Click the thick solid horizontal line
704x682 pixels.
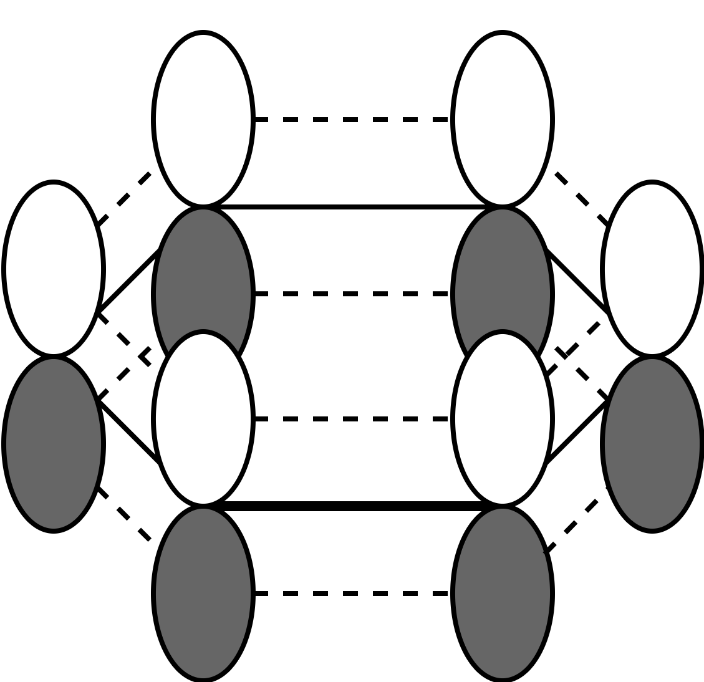pos(352,506)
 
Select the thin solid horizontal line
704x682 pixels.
pos(352,206)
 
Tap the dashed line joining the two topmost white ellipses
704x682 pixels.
pos(352,119)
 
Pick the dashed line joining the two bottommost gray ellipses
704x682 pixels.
pos(352,593)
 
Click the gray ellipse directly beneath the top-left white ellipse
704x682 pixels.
pos(203,274)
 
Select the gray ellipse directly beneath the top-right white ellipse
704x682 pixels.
pos(502,274)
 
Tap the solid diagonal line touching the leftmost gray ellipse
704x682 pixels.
pos(128,432)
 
